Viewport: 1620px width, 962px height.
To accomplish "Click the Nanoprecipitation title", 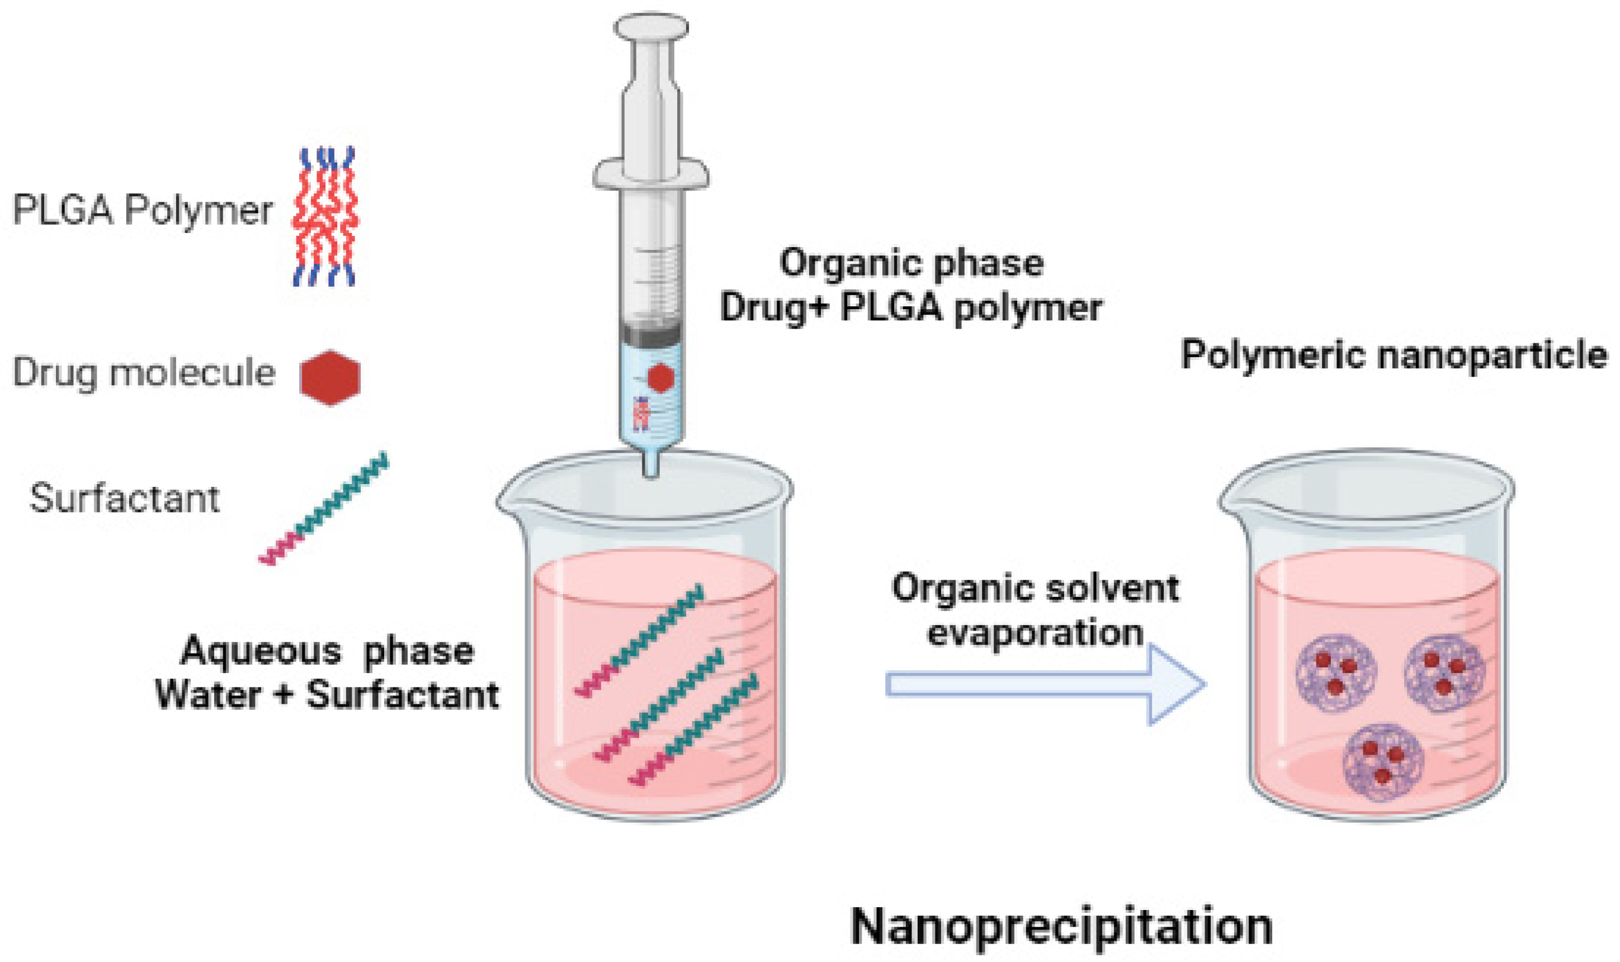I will coord(1061,926).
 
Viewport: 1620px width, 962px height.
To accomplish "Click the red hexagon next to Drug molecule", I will coord(330,377).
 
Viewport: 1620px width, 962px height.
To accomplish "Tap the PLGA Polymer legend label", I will coord(143,211).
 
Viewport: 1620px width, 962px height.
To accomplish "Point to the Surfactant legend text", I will coord(125,499).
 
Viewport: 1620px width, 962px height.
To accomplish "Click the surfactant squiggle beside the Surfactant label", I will coord(324,509).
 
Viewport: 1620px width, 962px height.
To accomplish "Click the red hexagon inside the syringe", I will coord(660,377).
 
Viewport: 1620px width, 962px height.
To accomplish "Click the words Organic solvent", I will coord(1035,589).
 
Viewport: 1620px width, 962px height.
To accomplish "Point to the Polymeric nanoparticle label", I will coord(1394,356).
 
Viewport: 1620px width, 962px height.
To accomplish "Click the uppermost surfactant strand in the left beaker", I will coord(639,641).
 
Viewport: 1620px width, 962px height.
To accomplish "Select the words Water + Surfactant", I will coord(328,695).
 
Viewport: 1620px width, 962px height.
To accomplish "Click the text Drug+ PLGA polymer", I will coord(910,307).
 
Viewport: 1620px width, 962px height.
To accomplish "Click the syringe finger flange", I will coord(651,173).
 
